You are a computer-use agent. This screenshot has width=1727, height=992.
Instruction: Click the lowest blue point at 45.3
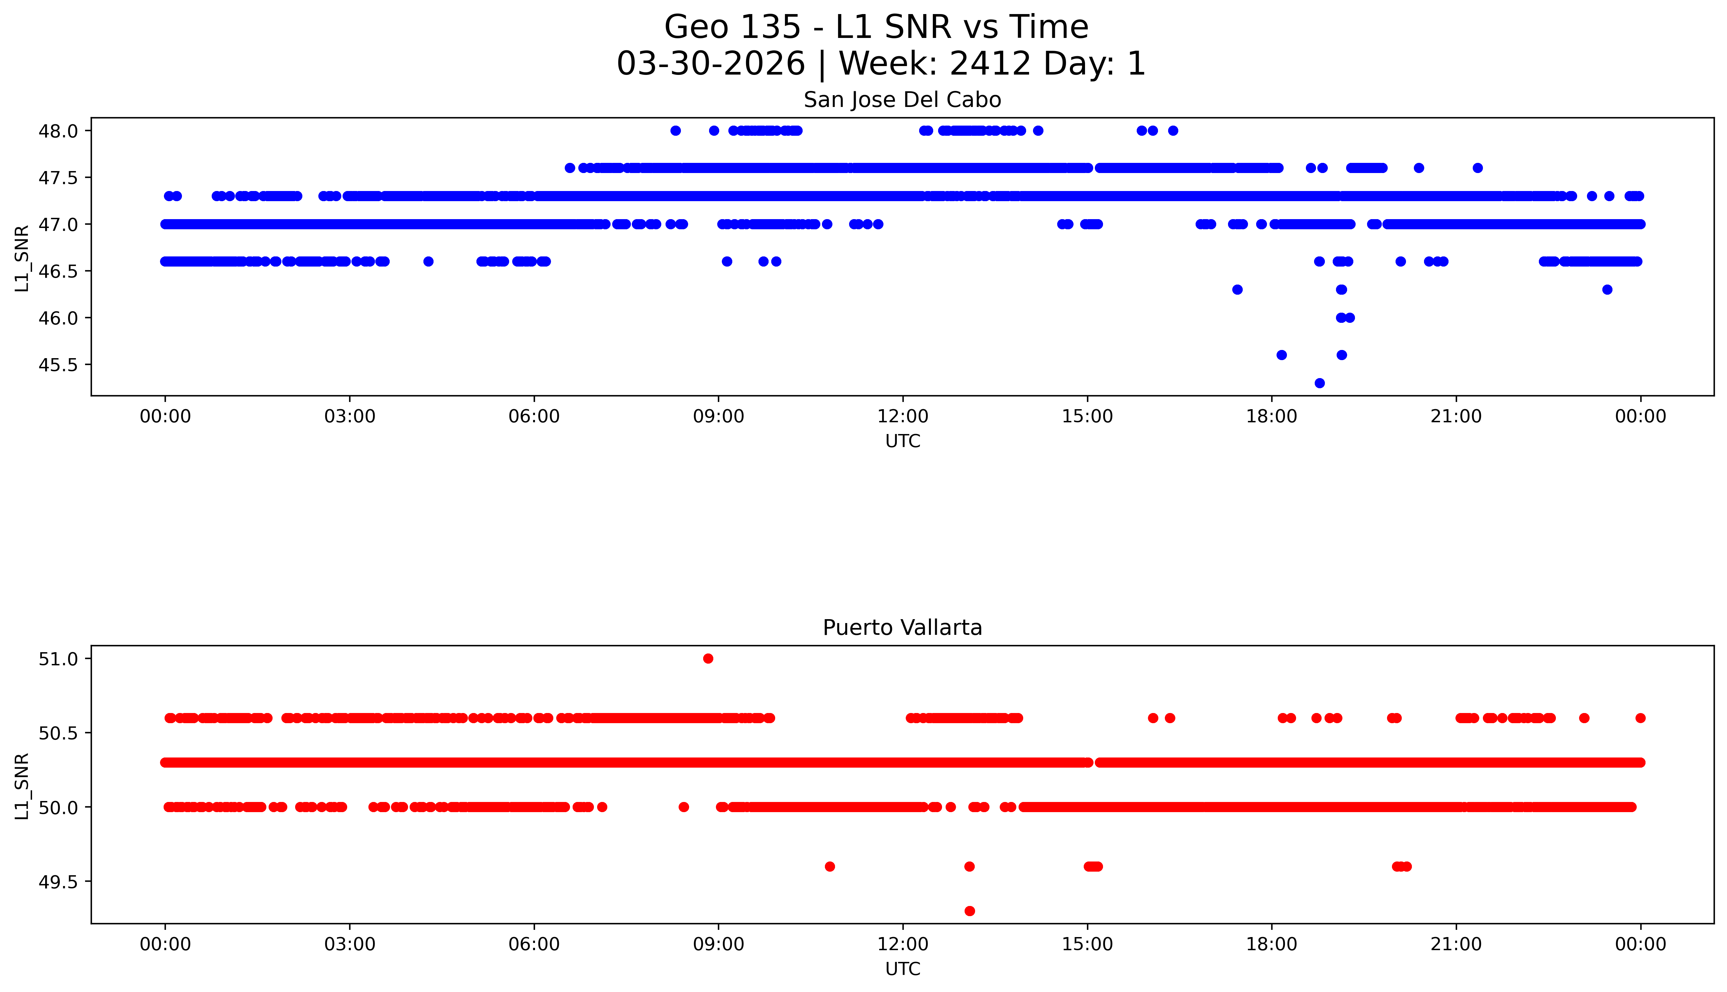(x=1319, y=383)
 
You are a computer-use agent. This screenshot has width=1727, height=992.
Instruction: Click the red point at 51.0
(x=708, y=658)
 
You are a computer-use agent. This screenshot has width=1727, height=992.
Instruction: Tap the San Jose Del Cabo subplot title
(x=902, y=100)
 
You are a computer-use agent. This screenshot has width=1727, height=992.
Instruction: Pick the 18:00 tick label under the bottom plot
(x=1272, y=944)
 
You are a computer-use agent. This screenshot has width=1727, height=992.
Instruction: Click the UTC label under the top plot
(x=902, y=442)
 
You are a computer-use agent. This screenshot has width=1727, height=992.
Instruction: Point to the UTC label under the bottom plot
(x=902, y=969)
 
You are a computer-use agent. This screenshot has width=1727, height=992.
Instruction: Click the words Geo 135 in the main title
(x=732, y=27)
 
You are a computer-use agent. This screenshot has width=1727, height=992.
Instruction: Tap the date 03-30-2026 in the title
(x=711, y=64)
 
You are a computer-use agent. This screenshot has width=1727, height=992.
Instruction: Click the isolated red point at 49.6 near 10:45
(x=829, y=867)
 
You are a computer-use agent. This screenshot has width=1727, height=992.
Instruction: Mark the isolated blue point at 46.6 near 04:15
(x=428, y=262)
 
